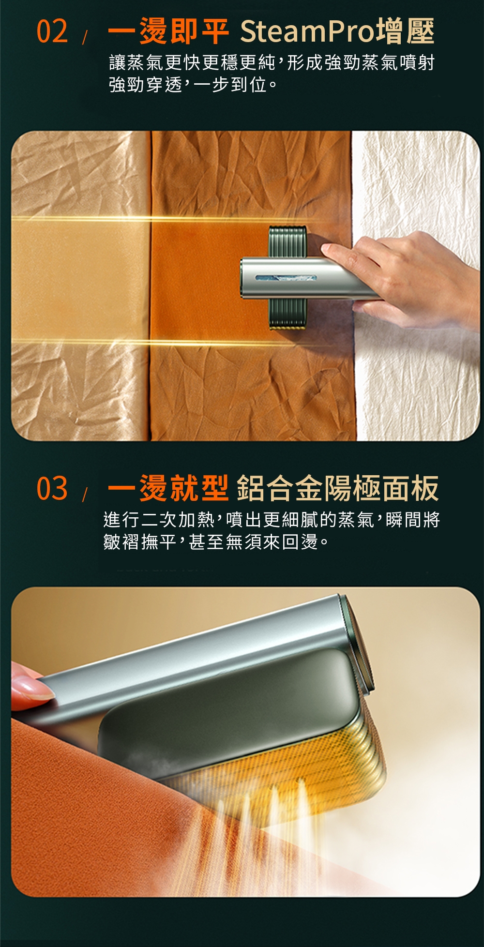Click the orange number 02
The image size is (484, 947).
point(52,31)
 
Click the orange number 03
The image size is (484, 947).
point(52,488)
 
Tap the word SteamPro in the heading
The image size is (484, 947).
point(307,32)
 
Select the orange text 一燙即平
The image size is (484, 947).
point(168,31)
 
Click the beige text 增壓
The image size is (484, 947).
point(405,31)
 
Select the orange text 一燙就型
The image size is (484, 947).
point(168,488)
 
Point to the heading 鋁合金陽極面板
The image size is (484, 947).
point(338,488)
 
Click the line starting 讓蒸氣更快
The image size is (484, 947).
point(272,62)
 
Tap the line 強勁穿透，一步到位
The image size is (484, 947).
point(193,85)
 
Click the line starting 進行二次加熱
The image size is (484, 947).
point(272,519)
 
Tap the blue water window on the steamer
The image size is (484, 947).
point(286,279)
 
